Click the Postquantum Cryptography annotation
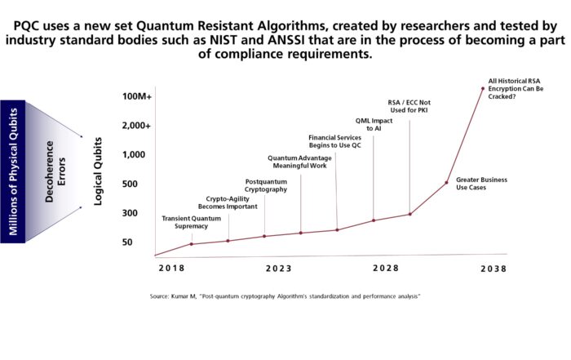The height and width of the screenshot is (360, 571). click(x=266, y=185)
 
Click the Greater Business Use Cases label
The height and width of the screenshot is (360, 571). click(x=482, y=184)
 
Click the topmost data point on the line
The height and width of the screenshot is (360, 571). click(x=482, y=88)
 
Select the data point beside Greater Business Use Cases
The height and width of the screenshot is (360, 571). click(x=446, y=182)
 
